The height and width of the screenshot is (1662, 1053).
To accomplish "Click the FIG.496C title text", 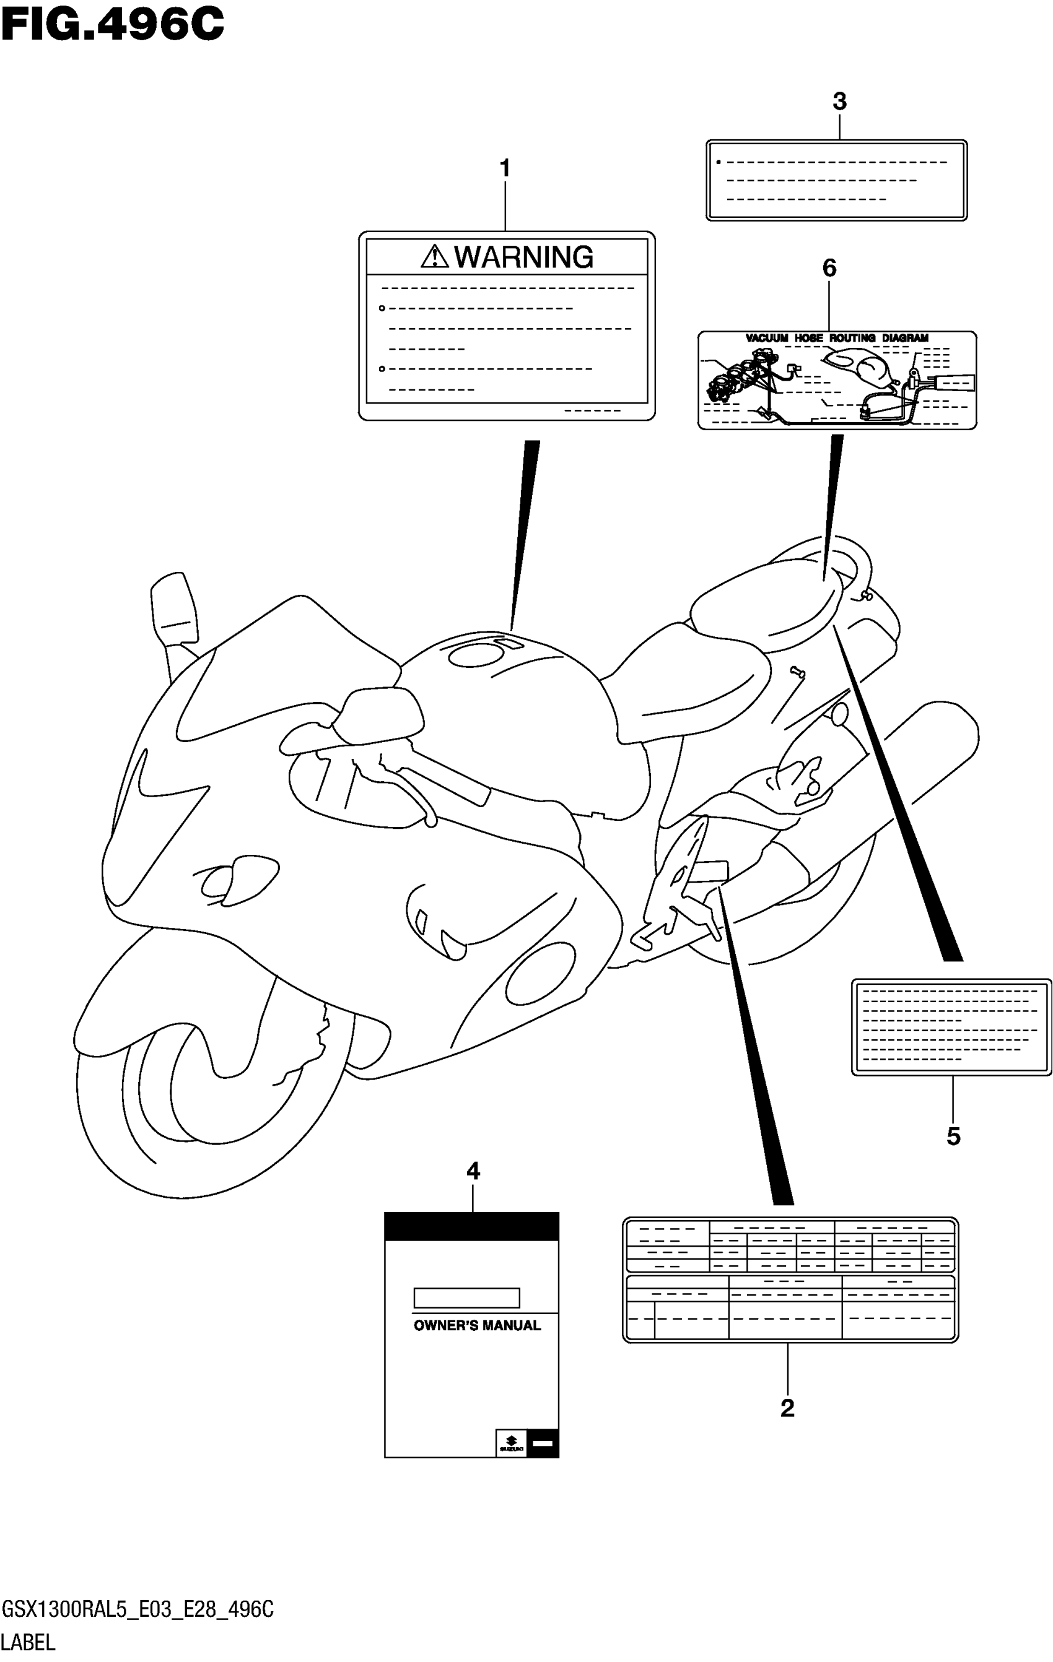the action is click(113, 25).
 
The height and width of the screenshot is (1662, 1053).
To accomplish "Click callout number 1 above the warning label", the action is click(505, 168).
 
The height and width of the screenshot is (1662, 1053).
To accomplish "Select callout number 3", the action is click(839, 102).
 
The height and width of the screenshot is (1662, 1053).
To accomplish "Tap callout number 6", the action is click(829, 268).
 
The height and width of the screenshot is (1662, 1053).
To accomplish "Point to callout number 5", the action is click(953, 1136).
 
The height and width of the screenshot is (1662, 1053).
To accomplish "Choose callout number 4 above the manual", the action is click(473, 1171).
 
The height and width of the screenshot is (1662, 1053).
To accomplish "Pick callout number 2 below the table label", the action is click(787, 1408).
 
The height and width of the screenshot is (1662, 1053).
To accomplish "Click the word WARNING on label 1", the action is click(523, 258).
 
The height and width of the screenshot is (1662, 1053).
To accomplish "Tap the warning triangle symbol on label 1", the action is click(434, 257).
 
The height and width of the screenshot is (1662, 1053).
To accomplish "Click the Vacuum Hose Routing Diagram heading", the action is click(837, 338).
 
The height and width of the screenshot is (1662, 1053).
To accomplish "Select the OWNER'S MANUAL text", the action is click(477, 1325).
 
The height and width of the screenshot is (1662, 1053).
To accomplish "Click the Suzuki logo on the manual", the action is click(511, 1442).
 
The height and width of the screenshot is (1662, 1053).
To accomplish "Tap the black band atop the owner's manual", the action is click(471, 1226).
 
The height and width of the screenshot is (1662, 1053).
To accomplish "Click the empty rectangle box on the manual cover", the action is click(466, 1297).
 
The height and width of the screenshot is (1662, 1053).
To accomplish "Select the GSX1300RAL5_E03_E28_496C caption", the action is click(138, 1609).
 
